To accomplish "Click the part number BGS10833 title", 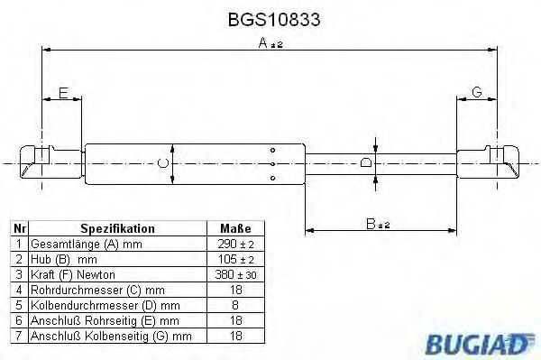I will coord(270,17).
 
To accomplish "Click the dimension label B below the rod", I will coord(371,222).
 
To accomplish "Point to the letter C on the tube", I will coord(162,162).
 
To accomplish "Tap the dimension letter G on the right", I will coord(477,92).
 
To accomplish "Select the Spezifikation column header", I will coord(118,229).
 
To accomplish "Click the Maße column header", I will coord(235,229).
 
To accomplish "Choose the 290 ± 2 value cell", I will coord(235,245).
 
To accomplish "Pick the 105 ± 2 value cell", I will coord(235,259).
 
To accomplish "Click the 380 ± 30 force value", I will coord(235,274).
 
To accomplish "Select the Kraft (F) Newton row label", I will coord(74,274).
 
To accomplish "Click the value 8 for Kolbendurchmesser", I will coord(235,305).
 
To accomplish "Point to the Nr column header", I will coord(19,229).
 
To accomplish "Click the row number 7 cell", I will coord(19,336).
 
